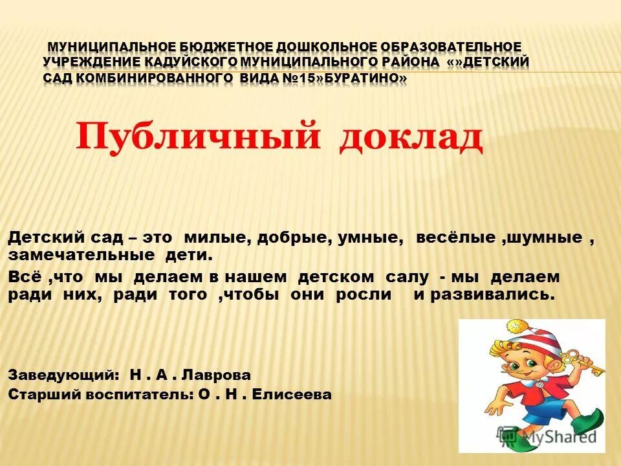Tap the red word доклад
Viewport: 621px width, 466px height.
pyautogui.click(x=411, y=137)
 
